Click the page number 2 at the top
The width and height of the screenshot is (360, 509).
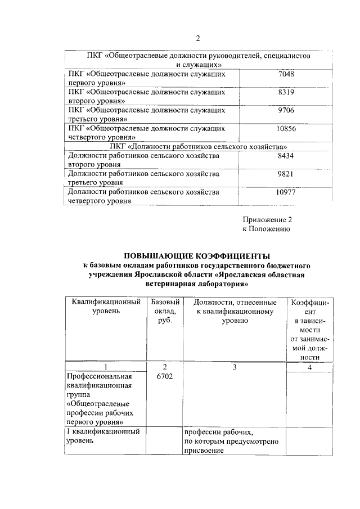click(197, 38)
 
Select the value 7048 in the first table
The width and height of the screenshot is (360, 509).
click(286, 74)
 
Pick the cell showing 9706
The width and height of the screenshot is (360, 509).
click(286, 110)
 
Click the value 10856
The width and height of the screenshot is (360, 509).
click(286, 128)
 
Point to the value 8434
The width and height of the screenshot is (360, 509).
click(286, 156)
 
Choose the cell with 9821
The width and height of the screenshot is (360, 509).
click(286, 174)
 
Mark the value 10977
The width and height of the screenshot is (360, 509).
click(286, 192)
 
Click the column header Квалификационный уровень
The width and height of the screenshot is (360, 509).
click(106, 307)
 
